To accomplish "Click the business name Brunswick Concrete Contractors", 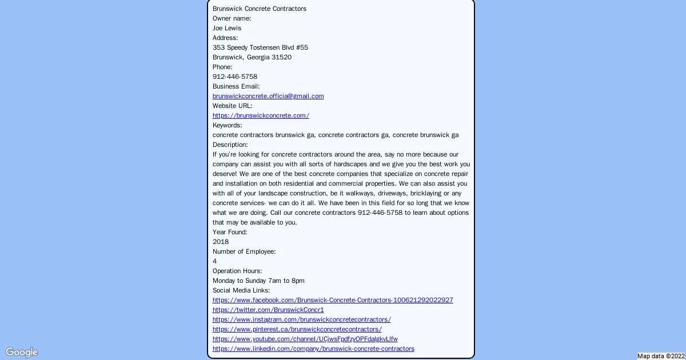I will pos(260,9).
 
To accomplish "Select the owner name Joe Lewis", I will pos(227,28).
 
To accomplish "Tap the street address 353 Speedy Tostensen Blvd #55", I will pos(260,47).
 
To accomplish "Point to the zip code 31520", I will pos(281,57).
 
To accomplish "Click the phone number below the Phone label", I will pos(235,77).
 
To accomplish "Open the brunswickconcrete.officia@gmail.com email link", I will pos(268,96).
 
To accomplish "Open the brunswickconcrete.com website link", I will pos(261,115).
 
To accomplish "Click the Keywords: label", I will pos(228,125).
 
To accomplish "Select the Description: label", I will pos(230,145).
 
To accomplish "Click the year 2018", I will pos(221,242).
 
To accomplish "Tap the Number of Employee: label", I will pos(244,251).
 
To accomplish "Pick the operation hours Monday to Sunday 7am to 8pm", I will pos(258,281).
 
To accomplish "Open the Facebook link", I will pos(333,300).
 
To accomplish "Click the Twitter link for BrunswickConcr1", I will pos(268,310).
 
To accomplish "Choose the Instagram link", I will pos(302,319).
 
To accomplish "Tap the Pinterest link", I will pos(297,329).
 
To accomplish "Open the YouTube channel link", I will pos(305,339).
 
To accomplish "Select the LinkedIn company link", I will pos(313,349).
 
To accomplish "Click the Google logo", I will pos(22,352).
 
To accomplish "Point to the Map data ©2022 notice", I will pos(661,356).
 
